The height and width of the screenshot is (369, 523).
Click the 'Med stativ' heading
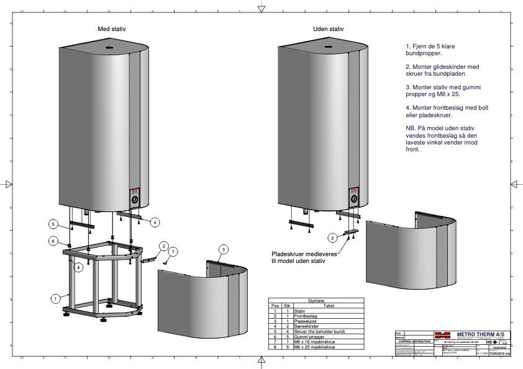pyautogui.click(x=112, y=30)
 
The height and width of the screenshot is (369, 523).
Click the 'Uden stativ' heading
pyautogui.click(x=328, y=30)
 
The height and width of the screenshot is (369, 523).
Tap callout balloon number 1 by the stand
pyautogui.click(x=56, y=298)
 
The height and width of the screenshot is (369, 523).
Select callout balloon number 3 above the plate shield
pyautogui.click(x=222, y=249)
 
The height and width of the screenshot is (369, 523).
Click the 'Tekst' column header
pyautogui.click(x=329, y=305)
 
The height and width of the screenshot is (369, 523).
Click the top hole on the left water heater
pyautogui.click(x=109, y=47)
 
